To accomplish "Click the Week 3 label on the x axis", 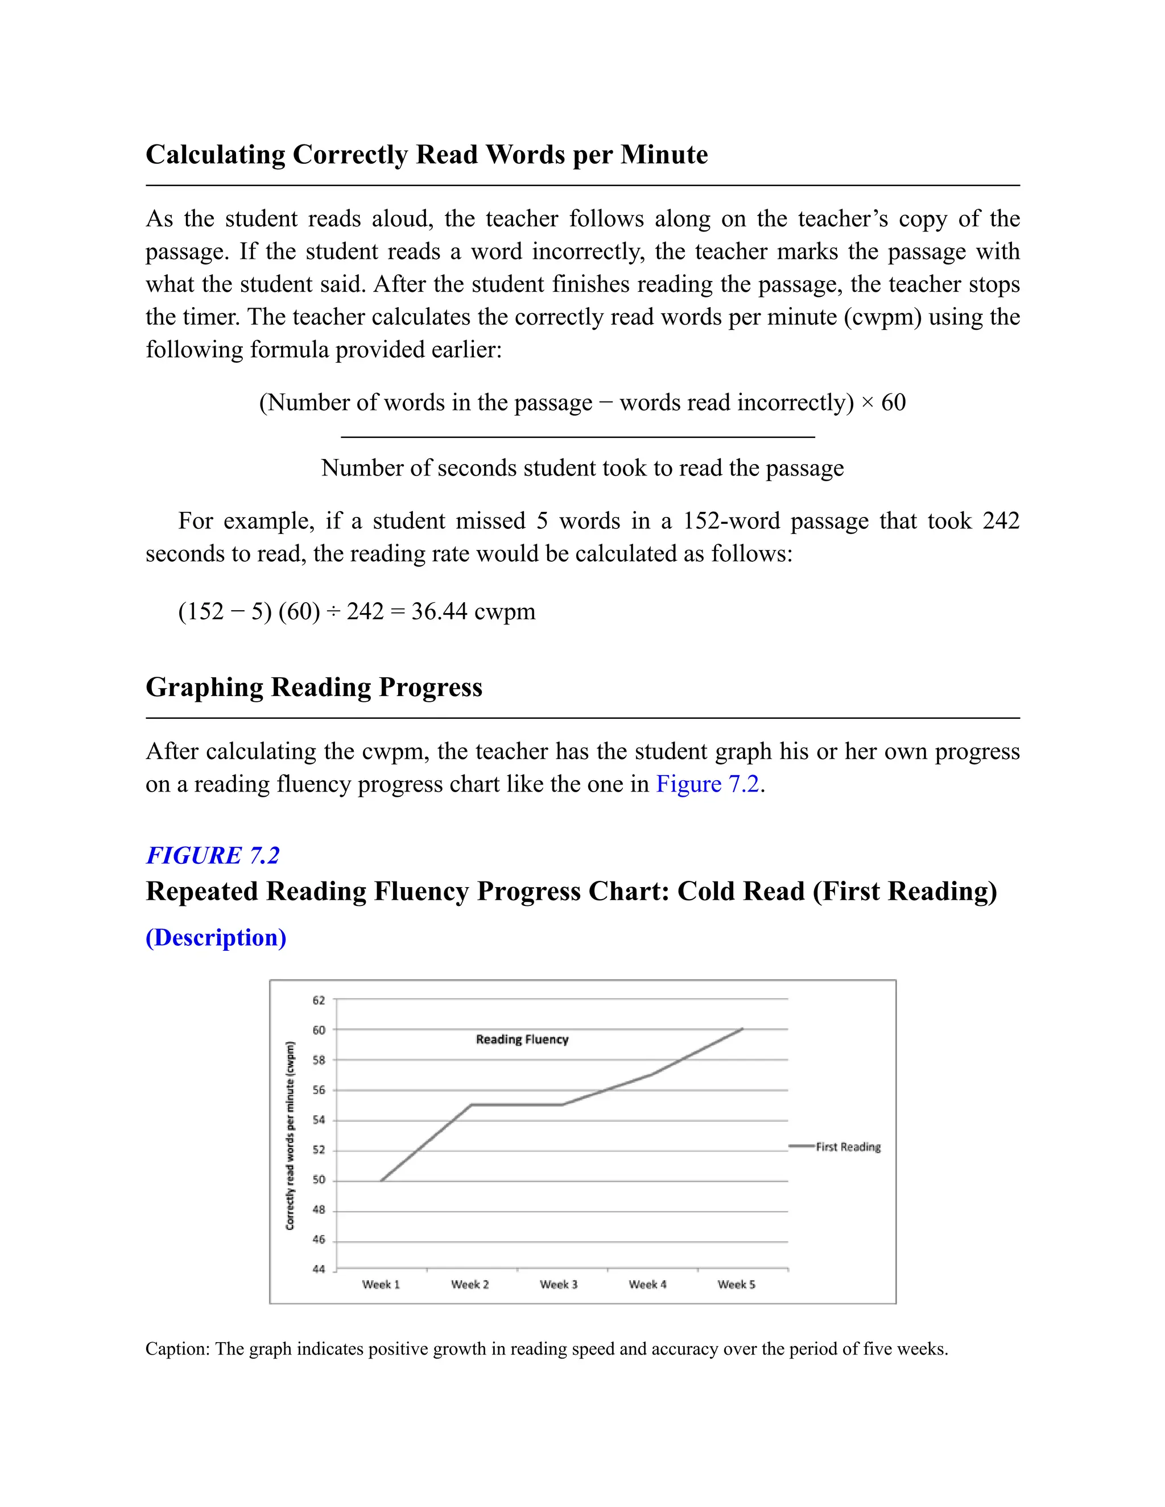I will [559, 1284].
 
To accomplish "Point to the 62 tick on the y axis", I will [318, 1000].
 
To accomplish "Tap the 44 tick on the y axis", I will [318, 1269].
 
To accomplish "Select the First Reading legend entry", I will [848, 1147].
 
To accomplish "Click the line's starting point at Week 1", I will [381, 1181].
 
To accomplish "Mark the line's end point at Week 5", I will [742, 1028].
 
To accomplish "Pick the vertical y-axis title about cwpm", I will [290, 1135].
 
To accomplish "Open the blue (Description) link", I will [216, 937].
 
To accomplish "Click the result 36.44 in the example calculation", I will [439, 611].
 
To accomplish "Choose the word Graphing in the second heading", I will [204, 688].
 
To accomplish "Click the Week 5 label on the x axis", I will [737, 1284].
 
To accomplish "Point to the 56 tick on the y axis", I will [318, 1090].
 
